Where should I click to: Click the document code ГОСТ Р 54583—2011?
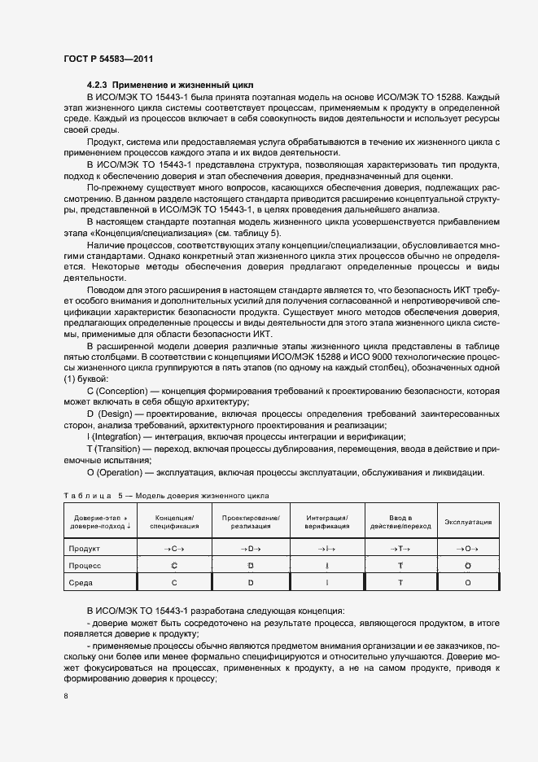107,59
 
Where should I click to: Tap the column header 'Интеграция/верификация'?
327,522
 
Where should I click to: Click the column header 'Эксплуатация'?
468,522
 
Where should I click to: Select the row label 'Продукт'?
85,549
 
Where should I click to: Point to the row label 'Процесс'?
85,565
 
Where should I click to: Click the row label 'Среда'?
81,583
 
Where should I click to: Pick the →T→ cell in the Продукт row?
400,549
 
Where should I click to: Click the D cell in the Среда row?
251,583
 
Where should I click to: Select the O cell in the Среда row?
468,583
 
